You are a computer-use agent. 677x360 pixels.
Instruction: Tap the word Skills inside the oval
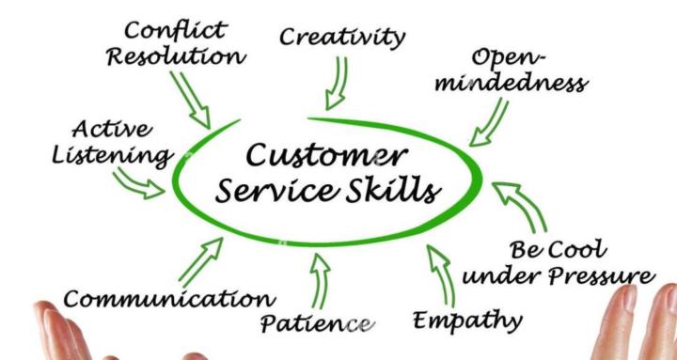(394, 191)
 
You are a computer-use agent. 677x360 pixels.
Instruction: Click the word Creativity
(343, 37)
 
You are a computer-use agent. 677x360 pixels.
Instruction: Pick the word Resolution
(176, 56)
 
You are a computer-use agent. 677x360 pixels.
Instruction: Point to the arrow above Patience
(320, 277)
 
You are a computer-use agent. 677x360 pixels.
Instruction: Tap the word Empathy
(467, 321)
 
